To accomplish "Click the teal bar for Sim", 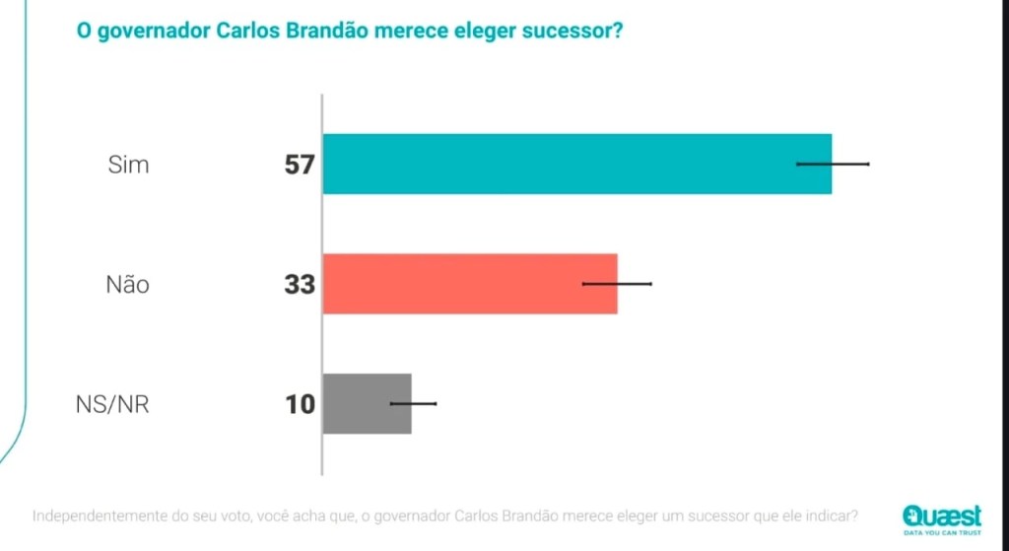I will (x=576, y=164).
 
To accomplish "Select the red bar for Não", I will (x=469, y=284).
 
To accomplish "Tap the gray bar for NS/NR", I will (x=366, y=404).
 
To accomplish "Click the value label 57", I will (x=299, y=165).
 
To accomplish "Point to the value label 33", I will (x=299, y=285).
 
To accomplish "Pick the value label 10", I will (x=300, y=404).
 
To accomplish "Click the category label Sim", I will (x=129, y=165).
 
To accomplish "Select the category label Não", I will (x=128, y=285).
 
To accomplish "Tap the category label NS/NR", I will (x=112, y=404).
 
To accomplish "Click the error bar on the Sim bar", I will (x=833, y=164).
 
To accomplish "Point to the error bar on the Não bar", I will (x=617, y=284).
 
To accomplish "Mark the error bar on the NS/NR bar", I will (x=413, y=403).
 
